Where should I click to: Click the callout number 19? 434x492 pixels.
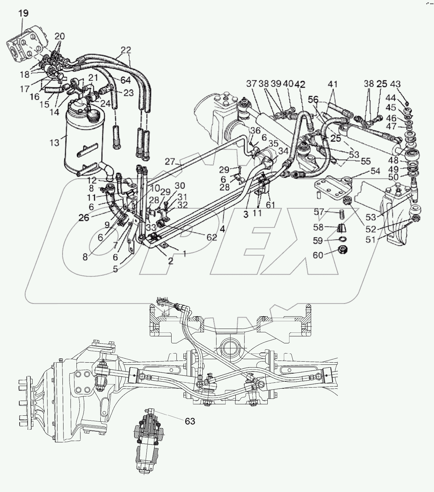click(x=24, y=13)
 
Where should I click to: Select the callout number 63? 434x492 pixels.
click(x=190, y=421)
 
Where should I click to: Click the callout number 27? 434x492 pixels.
click(x=170, y=162)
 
